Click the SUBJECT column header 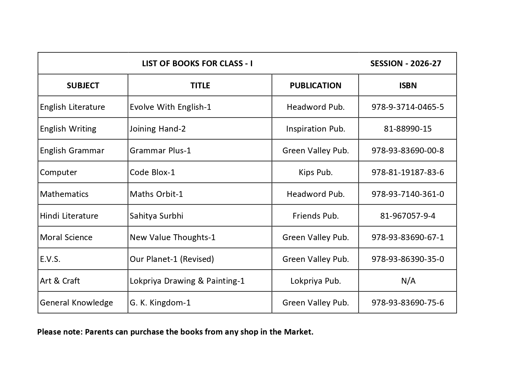click(83, 85)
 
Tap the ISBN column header click(408, 85)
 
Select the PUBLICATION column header click(315, 85)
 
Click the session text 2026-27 click(405, 63)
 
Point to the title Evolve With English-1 click(170, 107)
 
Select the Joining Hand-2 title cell click(158, 129)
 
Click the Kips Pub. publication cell click(315, 172)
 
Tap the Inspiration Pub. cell click(315, 129)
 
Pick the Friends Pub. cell click(315, 216)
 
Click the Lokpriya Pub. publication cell click(315, 281)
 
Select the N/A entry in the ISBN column click(408, 281)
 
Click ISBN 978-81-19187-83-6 click(408, 172)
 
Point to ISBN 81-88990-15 click(408, 129)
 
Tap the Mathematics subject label click(64, 194)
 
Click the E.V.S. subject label click(50, 259)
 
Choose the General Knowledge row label click(76, 303)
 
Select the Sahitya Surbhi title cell click(156, 216)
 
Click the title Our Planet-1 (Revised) click(172, 259)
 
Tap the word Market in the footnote click(298, 332)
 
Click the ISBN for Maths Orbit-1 click(408, 194)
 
